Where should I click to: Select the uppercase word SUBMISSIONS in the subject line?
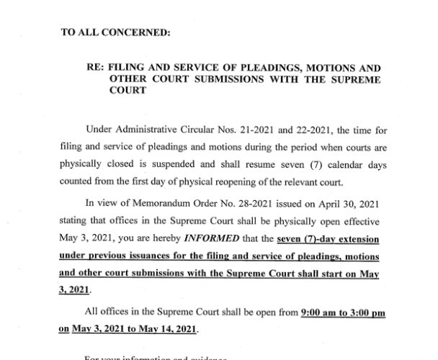click(244, 79)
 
